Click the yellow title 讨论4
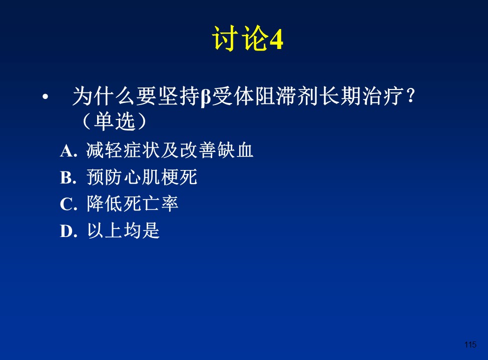point(247,38)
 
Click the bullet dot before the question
point(46,97)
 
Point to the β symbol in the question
point(206,97)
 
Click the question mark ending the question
point(411,95)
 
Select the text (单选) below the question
point(114,120)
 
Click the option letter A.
point(69,151)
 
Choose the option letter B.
point(68,178)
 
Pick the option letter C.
point(69,204)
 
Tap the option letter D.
point(69,231)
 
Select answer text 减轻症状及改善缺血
point(170,150)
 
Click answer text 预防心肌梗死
point(142,177)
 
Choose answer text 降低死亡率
point(133,203)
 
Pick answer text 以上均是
point(123,230)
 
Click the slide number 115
point(470,344)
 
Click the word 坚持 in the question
point(179,96)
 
